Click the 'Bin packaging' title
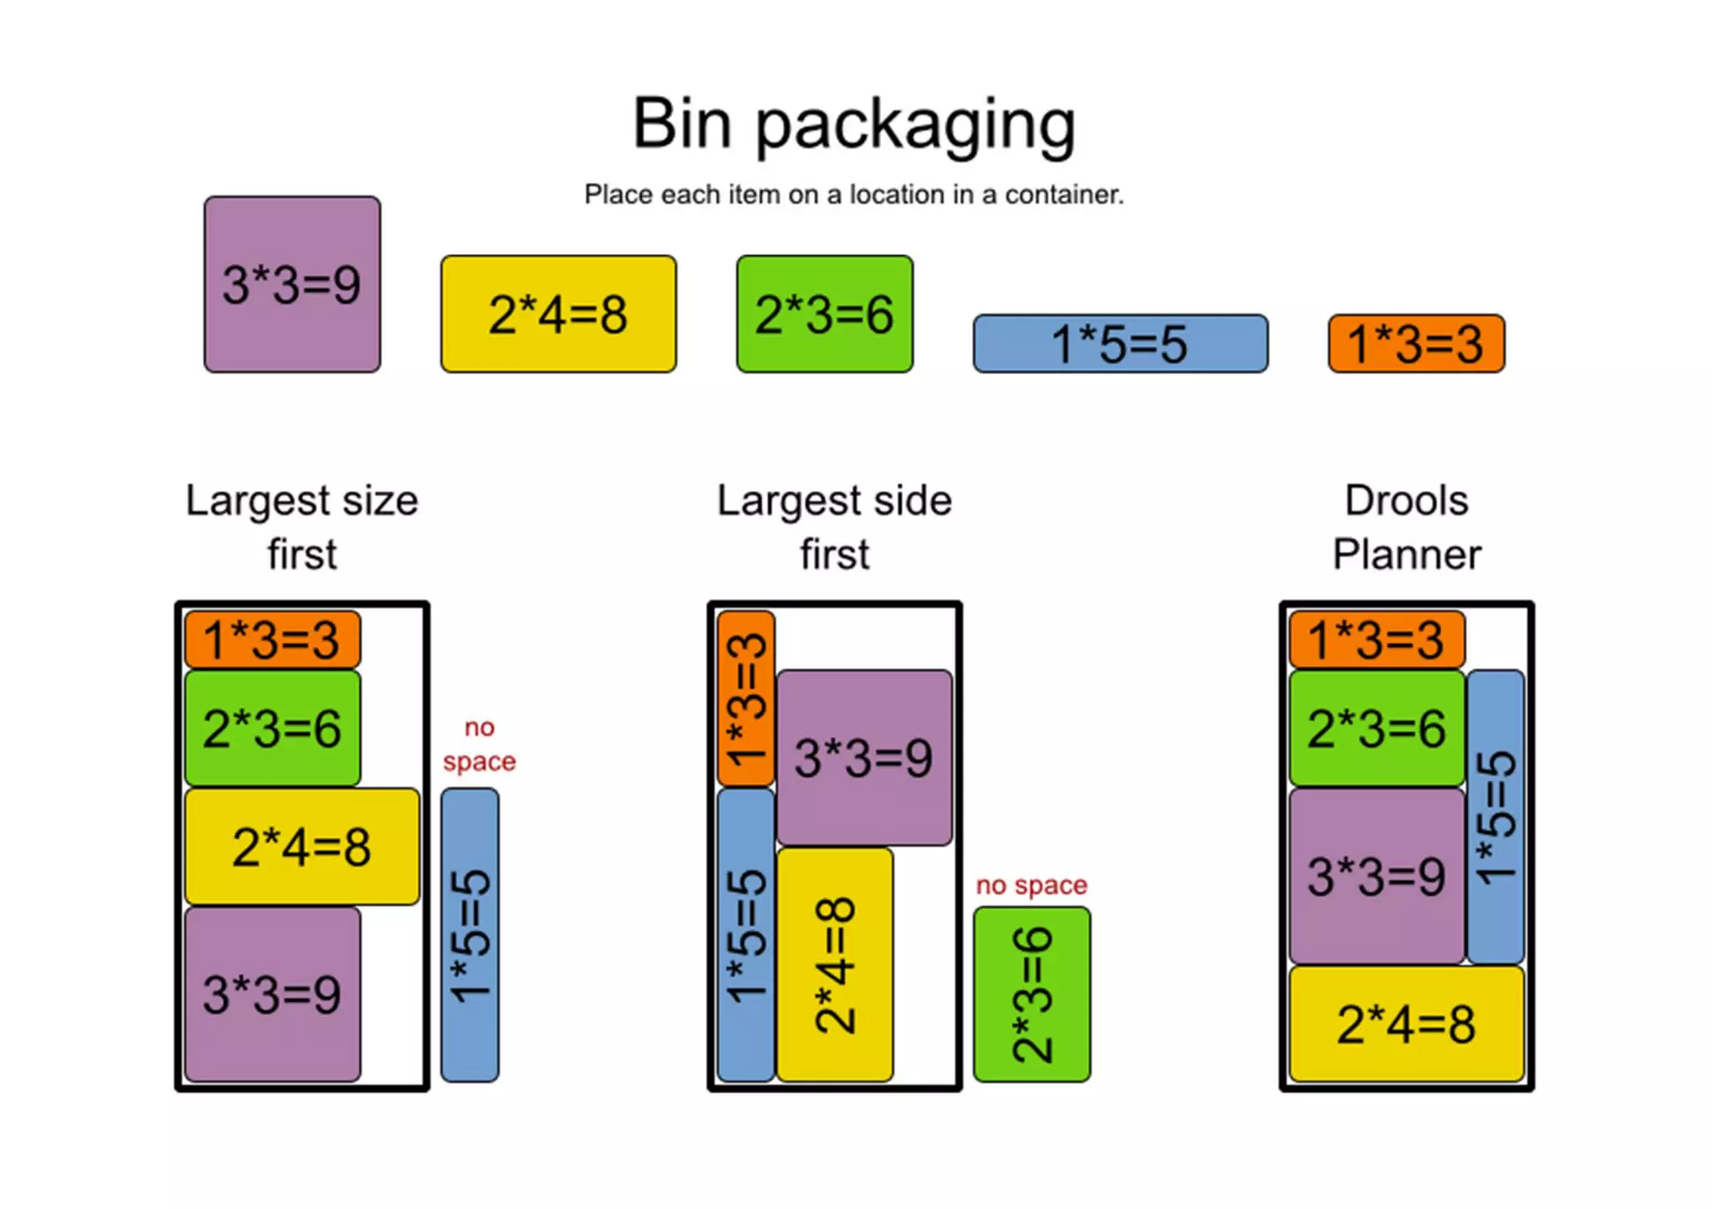(x=853, y=124)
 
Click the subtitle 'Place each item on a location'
(x=853, y=195)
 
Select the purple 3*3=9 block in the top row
(x=292, y=284)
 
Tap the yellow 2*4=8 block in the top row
(x=558, y=314)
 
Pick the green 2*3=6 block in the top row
(x=824, y=314)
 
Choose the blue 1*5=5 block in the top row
(x=1120, y=343)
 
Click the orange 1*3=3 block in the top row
(x=1416, y=343)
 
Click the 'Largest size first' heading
(x=302, y=527)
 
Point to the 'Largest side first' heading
(x=834, y=527)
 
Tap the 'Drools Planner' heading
(x=1407, y=527)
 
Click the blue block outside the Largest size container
(x=470, y=935)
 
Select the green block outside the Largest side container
(x=1032, y=994)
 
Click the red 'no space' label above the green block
(x=1032, y=885)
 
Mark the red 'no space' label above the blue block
(x=479, y=744)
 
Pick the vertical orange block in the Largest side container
(x=746, y=698)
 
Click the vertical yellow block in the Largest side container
(x=834, y=964)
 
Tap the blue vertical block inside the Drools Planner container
(x=1495, y=816)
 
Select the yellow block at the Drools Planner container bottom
(x=1407, y=1024)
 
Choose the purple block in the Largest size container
(x=273, y=994)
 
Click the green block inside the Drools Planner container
(x=1377, y=728)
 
